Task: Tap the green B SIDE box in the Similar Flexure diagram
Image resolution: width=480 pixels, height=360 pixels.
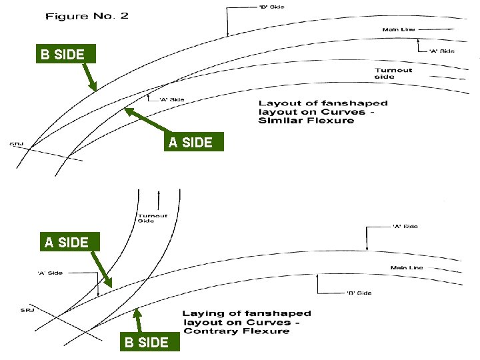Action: pyautogui.click(x=63, y=54)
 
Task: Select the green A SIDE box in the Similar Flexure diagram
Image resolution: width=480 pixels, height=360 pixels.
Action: pyautogui.click(x=191, y=142)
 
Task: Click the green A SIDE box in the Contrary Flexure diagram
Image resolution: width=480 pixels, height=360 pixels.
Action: pyautogui.click(x=67, y=242)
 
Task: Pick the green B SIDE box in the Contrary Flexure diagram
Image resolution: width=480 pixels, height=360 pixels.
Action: pyautogui.click(x=146, y=343)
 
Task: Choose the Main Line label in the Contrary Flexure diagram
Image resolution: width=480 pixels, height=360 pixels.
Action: pyautogui.click(x=407, y=268)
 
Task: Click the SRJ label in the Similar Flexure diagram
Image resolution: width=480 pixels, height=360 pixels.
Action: pyautogui.click(x=17, y=143)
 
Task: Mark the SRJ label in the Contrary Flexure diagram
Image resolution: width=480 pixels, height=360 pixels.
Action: pyautogui.click(x=27, y=310)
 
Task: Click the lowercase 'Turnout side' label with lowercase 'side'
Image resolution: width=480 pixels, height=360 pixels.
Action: pyautogui.click(x=393, y=73)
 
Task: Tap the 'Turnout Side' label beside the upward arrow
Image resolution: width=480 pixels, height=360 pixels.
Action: pyautogui.click(x=152, y=218)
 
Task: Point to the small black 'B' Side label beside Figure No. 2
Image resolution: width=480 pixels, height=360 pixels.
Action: pyautogui.click(x=272, y=7)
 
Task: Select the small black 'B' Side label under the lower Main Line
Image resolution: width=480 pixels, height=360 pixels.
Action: pyautogui.click(x=359, y=293)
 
